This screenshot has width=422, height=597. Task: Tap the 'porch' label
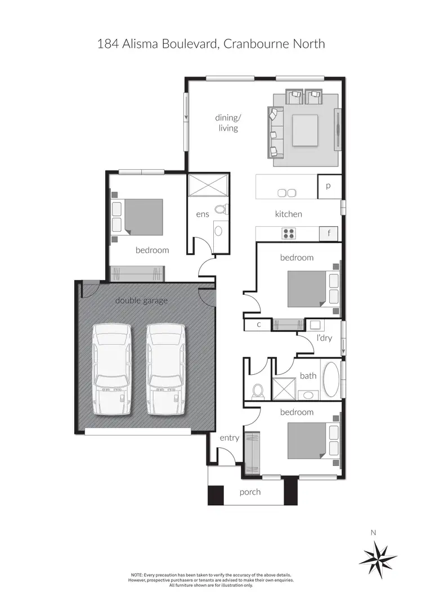pyautogui.click(x=250, y=492)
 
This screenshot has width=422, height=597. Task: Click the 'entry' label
pyautogui.click(x=230, y=438)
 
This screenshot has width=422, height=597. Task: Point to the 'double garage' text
pyautogui.click(x=141, y=300)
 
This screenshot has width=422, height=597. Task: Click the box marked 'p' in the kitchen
pyautogui.click(x=328, y=186)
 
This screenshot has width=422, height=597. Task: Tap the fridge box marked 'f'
pyautogui.click(x=328, y=233)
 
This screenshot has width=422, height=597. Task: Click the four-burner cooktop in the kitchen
pyautogui.click(x=289, y=233)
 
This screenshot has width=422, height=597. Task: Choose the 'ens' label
pyautogui.click(x=202, y=214)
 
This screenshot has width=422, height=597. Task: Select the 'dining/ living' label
pyautogui.click(x=227, y=123)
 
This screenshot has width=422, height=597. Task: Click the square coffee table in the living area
pyautogui.click(x=305, y=130)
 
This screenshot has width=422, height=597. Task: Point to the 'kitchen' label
pyautogui.click(x=288, y=214)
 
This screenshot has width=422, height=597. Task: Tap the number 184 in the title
pyautogui.click(x=108, y=43)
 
